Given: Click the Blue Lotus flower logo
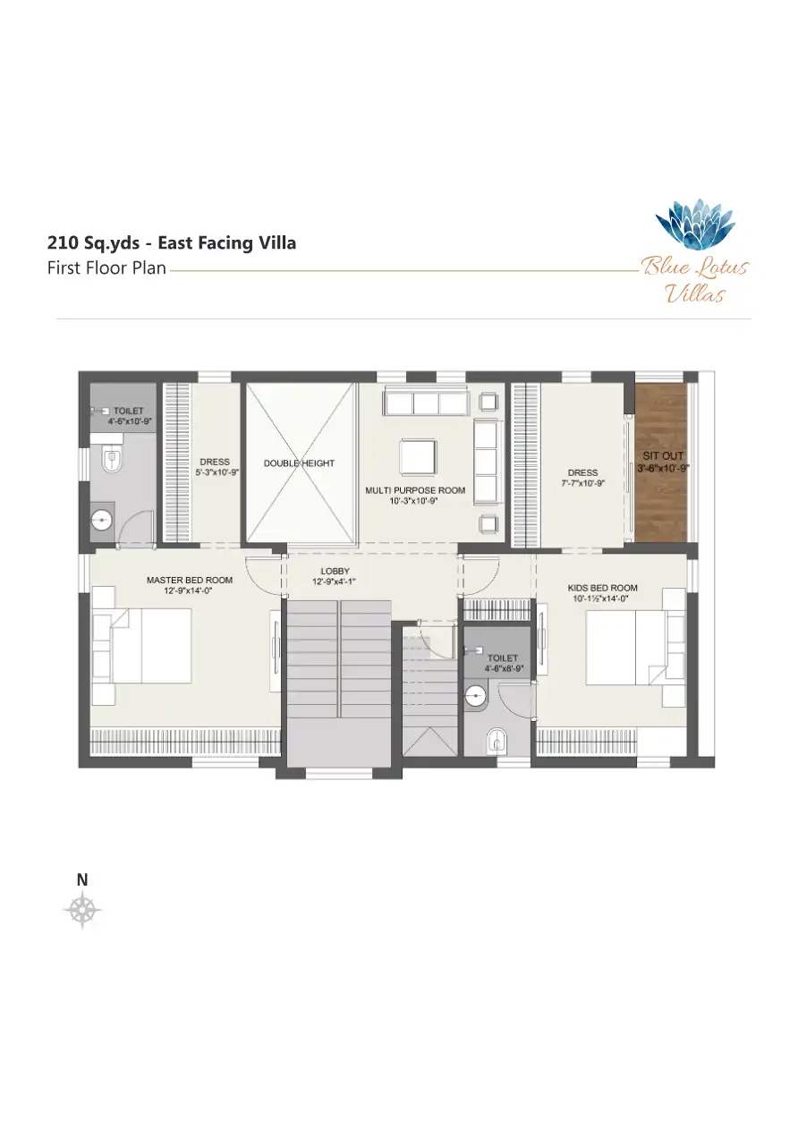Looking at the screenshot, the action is coord(695,225).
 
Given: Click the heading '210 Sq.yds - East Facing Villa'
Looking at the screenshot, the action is coord(172,243).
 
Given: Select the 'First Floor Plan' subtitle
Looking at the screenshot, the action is coord(106,267).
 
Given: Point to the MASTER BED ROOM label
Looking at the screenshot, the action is coord(190,580).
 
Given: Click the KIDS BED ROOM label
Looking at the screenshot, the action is coord(602,588).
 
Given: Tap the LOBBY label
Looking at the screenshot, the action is coord(335,571).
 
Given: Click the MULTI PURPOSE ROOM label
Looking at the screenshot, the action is coord(415,490).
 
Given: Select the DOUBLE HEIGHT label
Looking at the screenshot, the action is coord(299,463).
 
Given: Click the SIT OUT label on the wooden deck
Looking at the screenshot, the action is coord(663,455).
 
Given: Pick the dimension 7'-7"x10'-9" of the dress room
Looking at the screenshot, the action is coord(582,483).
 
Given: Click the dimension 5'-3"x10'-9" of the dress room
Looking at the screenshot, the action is coord(216,472).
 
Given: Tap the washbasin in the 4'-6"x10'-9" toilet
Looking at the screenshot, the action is coord(102,519).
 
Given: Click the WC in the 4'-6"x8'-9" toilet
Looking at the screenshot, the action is coord(496,741).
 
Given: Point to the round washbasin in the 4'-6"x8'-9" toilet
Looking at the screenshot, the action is coord(475,698).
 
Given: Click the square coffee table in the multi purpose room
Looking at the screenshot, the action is coord(418,456).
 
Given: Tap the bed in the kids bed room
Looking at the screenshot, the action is coord(635,648).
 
